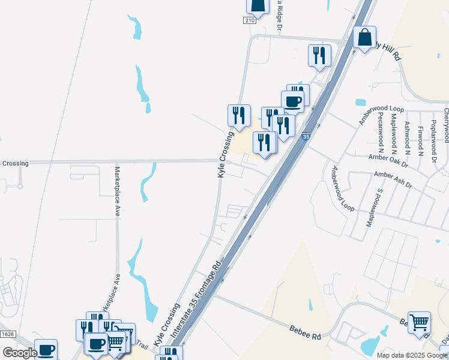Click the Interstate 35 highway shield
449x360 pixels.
click(306, 137)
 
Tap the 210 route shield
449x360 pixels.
click(250, 20)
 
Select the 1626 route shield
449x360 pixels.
click(8, 334)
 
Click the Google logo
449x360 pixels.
click(20, 352)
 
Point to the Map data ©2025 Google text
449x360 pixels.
click(411, 355)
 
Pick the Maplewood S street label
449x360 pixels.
click(374, 208)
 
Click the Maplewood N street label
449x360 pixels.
click(394, 130)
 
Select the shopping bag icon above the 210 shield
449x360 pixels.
click(257, 6)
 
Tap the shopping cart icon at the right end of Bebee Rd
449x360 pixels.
click(418, 322)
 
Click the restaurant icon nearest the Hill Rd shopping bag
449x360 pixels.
click(319, 55)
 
